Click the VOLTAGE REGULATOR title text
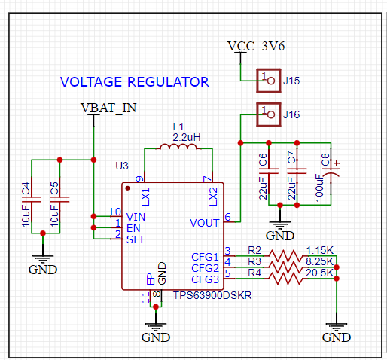click(x=135, y=82)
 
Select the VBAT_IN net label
click(x=108, y=108)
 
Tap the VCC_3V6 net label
click(x=256, y=47)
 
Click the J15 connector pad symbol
click(x=269, y=81)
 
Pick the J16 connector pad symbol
click(x=269, y=114)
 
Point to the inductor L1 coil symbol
click(x=178, y=146)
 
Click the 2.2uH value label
click(x=187, y=137)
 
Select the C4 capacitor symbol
click(x=32, y=200)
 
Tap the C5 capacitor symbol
click(x=59, y=200)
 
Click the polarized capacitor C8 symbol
click(x=331, y=172)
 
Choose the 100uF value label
click(x=319, y=188)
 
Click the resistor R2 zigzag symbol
click(x=285, y=256)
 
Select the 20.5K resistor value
click(x=319, y=273)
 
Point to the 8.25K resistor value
click(x=319, y=261)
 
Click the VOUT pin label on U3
click(x=205, y=223)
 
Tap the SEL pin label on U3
click(x=136, y=239)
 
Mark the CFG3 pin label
click(x=205, y=279)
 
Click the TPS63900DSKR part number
click(x=212, y=295)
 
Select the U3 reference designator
click(x=122, y=166)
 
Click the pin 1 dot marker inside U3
click(x=127, y=188)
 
